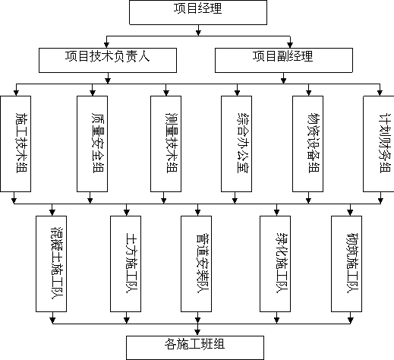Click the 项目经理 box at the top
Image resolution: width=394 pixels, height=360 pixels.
[198, 12]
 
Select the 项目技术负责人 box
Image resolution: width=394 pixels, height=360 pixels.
[108, 60]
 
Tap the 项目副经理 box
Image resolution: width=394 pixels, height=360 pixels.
[284, 60]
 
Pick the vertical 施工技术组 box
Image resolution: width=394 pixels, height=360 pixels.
[16, 144]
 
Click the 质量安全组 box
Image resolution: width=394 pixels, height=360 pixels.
[92, 144]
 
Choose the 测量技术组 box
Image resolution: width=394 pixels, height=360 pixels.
[165, 144]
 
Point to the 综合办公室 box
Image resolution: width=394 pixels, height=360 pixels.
[236, 144]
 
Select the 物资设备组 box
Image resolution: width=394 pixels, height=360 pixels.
[307, 144]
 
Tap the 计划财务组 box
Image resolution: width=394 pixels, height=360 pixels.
[379, 144]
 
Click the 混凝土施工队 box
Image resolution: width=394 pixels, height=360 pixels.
[51, 264]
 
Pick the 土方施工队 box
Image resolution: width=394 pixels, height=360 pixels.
[125, 264]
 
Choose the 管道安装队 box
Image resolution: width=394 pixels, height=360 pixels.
[196, 264]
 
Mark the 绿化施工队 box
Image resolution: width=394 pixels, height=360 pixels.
[275, 264]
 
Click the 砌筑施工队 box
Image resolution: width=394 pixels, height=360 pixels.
[346, 264]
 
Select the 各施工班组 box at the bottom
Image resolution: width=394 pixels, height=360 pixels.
[195, 348]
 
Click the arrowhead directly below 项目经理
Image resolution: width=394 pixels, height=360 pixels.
[198, 33]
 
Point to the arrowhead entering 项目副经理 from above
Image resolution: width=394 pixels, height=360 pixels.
[290, 46]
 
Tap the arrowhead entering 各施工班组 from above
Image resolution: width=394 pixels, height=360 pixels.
[197, 333]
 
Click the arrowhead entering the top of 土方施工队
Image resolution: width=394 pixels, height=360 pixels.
[127, 213]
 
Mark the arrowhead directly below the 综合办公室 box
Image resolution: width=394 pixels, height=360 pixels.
[235, 201]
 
